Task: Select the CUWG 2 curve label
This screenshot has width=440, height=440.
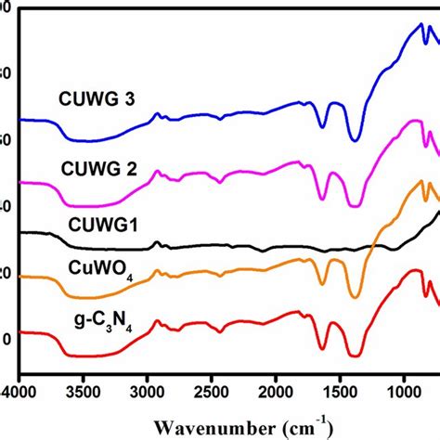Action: (x=99, y=168)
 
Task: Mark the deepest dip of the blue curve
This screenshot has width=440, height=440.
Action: (x=355, y=141)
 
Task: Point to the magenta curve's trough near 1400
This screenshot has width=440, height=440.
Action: (x=355, y=206)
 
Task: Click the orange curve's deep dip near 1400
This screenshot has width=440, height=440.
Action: (x=355, y=297)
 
